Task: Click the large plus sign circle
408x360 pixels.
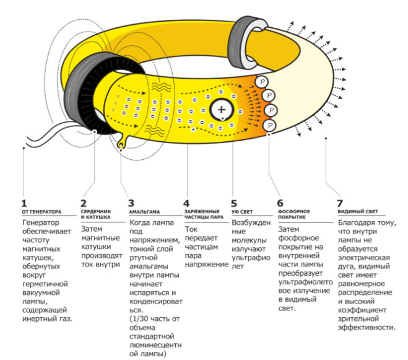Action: [222, 110]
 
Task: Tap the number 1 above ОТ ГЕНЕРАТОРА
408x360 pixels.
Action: [24, 202]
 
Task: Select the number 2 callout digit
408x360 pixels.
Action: [85, 202]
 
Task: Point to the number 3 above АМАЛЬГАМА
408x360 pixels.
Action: [131, 202]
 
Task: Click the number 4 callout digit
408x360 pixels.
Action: [186, 202]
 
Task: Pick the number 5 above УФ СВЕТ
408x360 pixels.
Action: [234, 202]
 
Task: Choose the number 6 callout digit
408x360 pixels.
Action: [280, 202]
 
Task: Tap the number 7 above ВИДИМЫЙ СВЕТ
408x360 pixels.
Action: [339, 202]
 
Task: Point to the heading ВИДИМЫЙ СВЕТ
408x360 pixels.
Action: [358, 211]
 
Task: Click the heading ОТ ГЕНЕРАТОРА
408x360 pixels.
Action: [41, 211]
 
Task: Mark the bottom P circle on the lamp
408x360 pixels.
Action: [269, 125]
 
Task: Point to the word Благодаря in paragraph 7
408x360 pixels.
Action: [358, 222]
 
